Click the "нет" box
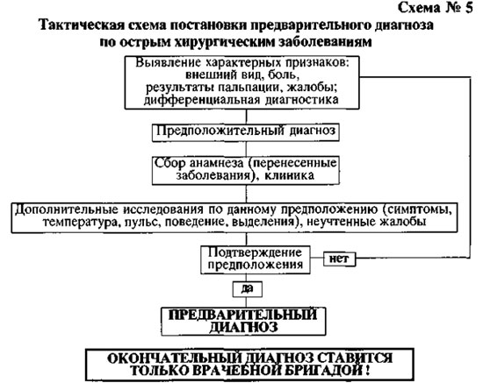(339, 259)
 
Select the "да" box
(248, 289)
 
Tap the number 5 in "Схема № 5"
(468, 8)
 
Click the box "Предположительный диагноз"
(246, 132)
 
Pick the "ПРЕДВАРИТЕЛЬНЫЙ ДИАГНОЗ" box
(243, 322)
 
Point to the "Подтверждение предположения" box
(256, 259)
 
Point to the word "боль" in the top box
(284, 75)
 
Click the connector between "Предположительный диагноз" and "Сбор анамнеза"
(246, 149)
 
